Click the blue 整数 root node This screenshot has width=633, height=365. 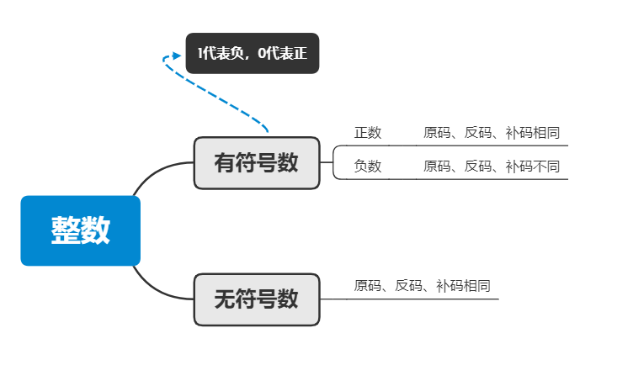tap(80, 230)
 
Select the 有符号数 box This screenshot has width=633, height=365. tap(257, 162)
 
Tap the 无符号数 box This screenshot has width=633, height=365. tap(257, 299)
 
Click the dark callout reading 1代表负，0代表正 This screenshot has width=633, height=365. tap(253, 53)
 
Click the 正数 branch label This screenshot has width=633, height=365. tap(368, 133)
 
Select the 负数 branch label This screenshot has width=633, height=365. tap(368, 167)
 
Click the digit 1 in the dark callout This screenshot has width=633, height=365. tap(200, 54)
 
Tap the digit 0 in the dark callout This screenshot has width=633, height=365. tap(263, 54)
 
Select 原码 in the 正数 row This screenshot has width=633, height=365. tap(437, 133)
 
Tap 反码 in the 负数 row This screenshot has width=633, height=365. tap(478, 167)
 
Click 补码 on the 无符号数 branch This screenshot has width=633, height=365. tap(449, 286)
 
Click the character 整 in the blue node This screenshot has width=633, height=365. tap(66, 230)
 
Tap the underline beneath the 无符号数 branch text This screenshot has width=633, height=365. tap(421, 299)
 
